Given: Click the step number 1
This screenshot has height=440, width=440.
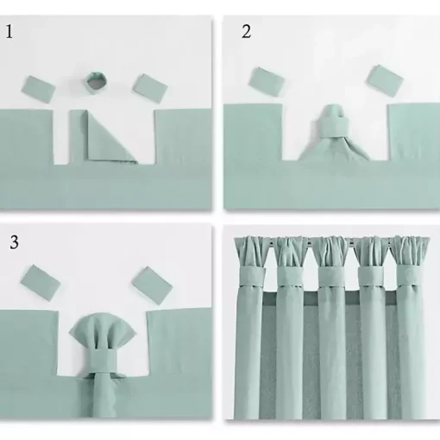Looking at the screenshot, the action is (9, 32).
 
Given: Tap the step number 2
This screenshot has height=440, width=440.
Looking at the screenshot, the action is (246, 32).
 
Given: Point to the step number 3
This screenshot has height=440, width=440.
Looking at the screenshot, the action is (15, 242).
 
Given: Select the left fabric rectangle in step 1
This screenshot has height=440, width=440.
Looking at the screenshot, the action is (38, 89).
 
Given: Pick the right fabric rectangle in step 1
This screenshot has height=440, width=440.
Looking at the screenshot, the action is (150, 88).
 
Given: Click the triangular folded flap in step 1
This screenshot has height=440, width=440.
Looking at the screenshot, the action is (110, 139).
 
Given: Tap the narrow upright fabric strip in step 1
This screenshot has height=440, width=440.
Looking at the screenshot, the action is (76, 137).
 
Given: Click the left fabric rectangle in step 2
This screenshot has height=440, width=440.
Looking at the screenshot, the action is (267, 81).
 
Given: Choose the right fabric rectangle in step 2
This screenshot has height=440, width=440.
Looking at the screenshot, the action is (385, 79).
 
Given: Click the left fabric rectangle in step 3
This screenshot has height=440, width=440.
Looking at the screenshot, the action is (41, 283).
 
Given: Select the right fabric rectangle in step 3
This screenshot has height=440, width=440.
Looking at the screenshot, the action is (152, 285).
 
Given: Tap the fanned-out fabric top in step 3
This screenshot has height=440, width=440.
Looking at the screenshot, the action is (103, 330).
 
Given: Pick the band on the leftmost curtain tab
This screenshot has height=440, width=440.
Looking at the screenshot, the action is (252, 276).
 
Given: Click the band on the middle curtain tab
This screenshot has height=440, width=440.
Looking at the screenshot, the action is (331, 277).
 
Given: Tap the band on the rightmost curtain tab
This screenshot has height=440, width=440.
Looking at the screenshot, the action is (410, 275).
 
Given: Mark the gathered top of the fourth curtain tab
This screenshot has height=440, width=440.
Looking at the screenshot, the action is (371, 252).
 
